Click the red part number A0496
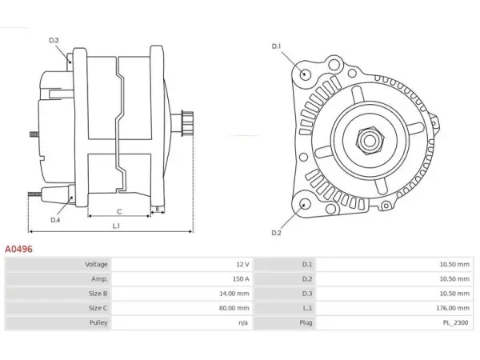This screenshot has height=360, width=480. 18,249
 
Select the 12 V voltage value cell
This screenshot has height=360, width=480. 242,265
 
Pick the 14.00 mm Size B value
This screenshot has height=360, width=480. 234,294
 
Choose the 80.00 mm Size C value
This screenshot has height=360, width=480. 234,308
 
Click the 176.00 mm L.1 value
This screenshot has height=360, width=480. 453,308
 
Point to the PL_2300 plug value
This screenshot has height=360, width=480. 455,322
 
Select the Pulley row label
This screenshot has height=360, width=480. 98,322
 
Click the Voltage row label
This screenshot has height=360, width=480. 97,265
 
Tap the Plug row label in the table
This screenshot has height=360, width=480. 306,322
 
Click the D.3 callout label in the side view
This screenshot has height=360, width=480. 54,40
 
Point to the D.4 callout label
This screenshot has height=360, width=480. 55,220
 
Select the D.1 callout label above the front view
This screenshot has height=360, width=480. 276,46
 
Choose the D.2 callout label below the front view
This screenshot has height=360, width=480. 276,233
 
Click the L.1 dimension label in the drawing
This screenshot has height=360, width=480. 116,226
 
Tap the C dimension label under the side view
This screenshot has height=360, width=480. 119,211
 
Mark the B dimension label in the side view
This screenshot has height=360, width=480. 158,210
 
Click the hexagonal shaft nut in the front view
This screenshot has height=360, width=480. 369,141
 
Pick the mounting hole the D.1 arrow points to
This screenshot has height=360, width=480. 305,74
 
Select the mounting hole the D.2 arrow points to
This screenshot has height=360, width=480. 304,204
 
